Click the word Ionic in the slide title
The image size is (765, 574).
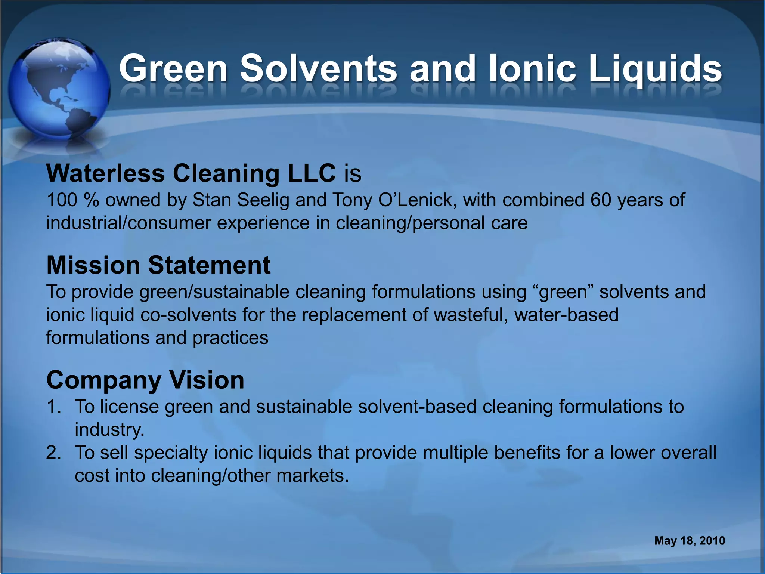pos(532,69)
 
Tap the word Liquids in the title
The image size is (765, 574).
pos(655,69)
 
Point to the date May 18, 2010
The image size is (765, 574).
pos(690,541)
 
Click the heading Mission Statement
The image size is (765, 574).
pos(158,265)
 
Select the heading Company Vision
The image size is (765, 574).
pos(145,380)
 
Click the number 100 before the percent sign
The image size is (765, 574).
pos(62,200)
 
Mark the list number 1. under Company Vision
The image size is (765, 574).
pos(54,407)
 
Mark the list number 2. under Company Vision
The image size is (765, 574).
pos(54,453)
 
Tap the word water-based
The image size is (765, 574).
pos(566,315)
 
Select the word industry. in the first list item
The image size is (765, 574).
pos(109,430)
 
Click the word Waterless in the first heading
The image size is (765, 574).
pos(105,174)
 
